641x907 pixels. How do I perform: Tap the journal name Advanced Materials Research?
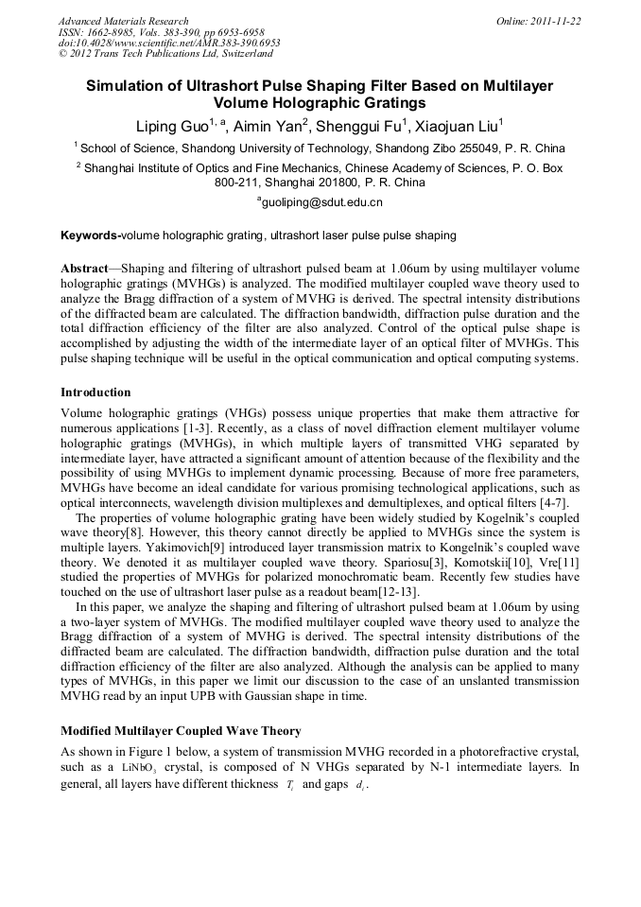(x=124, y=21)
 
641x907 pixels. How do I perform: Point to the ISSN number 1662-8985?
(x=109, y=32)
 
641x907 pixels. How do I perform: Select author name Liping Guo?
(x=173, y=127)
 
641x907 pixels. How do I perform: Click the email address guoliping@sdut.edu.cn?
(x=321, y=202)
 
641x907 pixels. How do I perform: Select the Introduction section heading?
(x=95, y=392)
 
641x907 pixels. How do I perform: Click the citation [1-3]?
(x=245, y=427)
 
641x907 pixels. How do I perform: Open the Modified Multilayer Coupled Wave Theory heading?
(x=181, y=731)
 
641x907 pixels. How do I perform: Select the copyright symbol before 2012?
(x=62, y=54)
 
